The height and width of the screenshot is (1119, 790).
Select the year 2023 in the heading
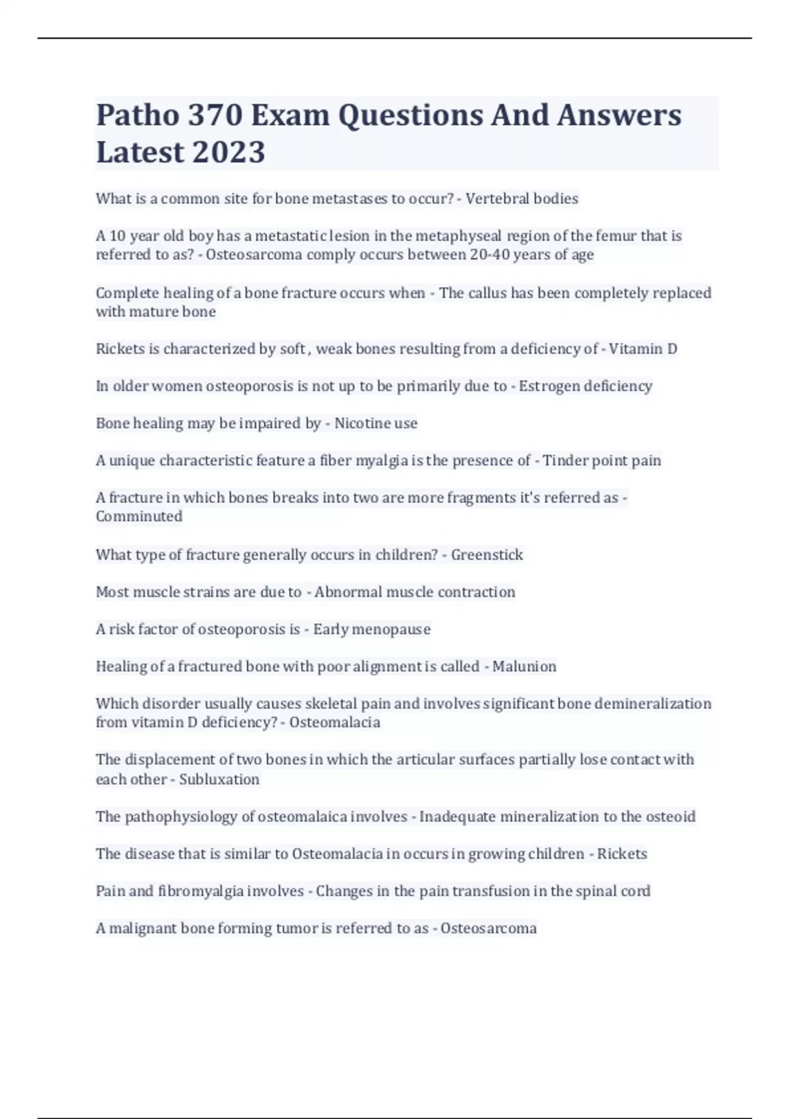click(229, 152)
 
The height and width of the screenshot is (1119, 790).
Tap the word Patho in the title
click(138, 115)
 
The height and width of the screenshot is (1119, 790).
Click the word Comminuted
click(139, 517)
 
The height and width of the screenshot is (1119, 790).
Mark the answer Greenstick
click(487, 555)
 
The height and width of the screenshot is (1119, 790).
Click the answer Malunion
click(524, 667)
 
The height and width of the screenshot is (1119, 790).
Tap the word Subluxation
click(219, 779)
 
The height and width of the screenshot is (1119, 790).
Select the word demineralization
click(652, 704)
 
